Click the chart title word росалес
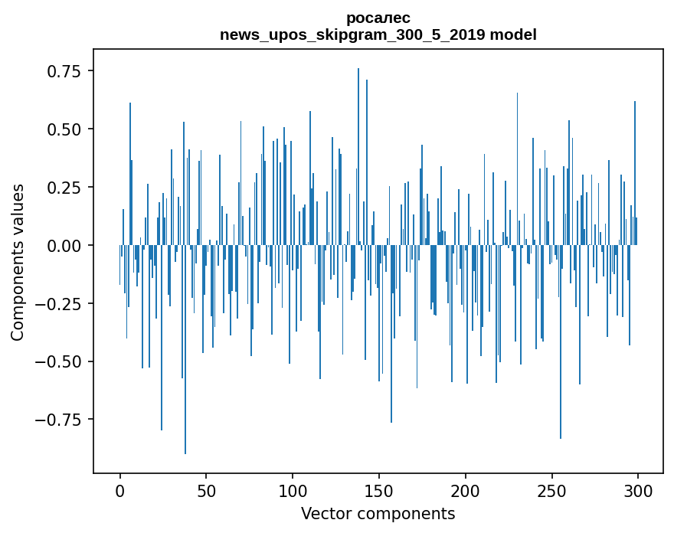click(x=378, y=18)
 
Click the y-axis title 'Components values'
click(x=17, y=262)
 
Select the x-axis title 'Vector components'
click(x=378, y=513)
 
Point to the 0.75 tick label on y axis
click(x=64, y=71)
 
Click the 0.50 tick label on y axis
click(x=64, y=129)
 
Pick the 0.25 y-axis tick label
click(x=64, y=188)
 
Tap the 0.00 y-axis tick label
click(x=64, y=246)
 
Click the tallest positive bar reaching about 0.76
click(x=358, y=153)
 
